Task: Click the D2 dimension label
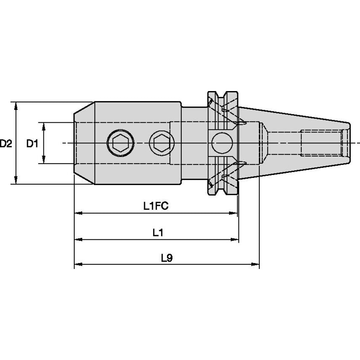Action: click(x=6, y=144)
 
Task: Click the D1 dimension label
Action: click(x=32, y=144)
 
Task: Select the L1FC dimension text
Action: click(x=156, y=206)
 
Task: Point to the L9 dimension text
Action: click(x=167, y=258)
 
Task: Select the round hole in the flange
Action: click(x=222, y=143)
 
